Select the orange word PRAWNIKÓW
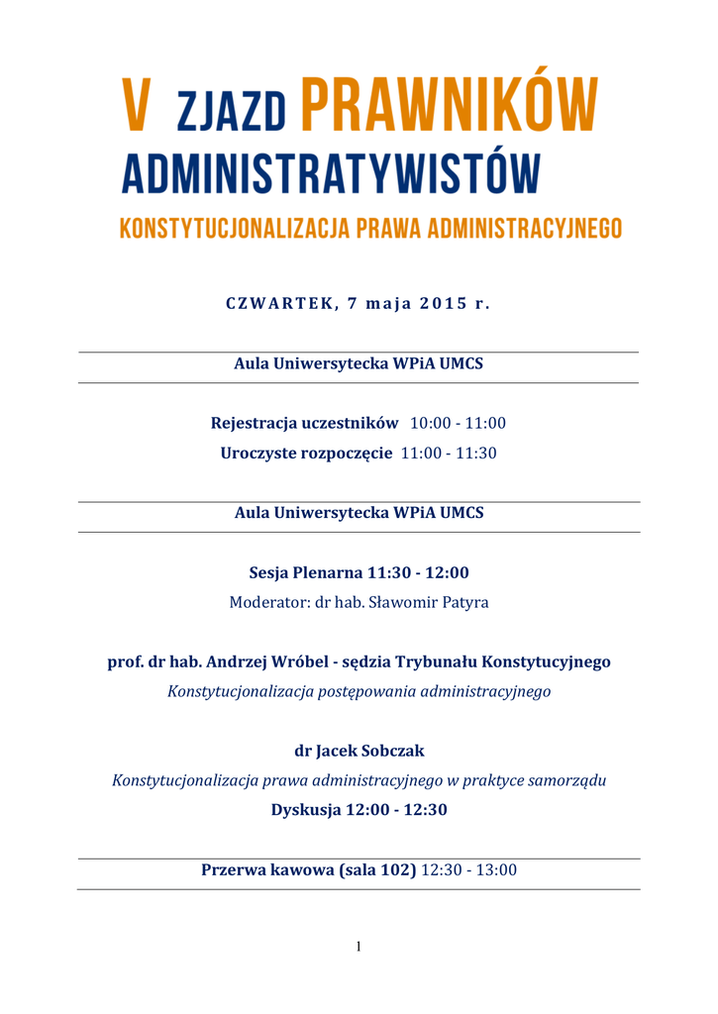(x=449, y=105)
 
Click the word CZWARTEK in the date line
(x=282, y=303)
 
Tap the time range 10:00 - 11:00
(x=458, y=423)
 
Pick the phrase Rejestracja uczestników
(x=304, y=423)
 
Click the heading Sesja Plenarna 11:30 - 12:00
(x=359, y=572)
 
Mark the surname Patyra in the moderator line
(x=464, y=602)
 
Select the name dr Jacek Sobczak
(x=359, y=751)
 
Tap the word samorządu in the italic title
(x=566, y=780)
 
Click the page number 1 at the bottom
(x=359, y=948)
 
